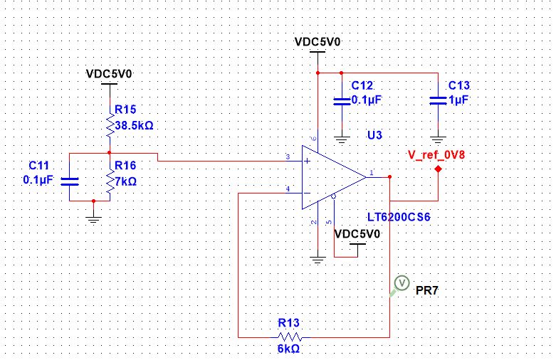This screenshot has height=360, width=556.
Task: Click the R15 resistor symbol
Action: coord(109,127)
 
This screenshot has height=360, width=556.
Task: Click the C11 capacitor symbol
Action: coord(69,180)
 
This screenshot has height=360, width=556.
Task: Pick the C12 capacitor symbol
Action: coord(342,100)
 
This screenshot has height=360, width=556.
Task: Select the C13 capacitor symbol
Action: coord(438,100)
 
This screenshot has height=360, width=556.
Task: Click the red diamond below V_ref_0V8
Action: coord(438,170)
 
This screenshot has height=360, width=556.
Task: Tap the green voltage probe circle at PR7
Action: coord(401,284)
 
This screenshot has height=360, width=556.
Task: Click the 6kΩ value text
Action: coord(289,350)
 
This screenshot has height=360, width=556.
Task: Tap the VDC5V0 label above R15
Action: coord(109,73)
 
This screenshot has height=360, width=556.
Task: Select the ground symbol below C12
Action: coord(342,139)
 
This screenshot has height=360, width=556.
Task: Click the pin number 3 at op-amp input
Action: coord(287,156)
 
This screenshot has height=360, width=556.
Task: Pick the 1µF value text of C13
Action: coord(458,100)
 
